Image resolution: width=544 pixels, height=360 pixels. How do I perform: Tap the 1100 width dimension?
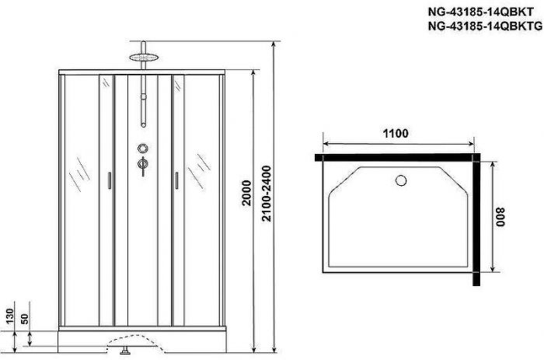(x=396, y=134)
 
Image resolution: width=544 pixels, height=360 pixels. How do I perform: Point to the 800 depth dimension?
(x=503, y=215)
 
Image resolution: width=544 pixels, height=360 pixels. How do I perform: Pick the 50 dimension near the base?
(x=26, y=319)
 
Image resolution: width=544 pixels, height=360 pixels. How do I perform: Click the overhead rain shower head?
(x=142, y=56)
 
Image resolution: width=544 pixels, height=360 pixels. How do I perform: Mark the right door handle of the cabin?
(x=177, y=180)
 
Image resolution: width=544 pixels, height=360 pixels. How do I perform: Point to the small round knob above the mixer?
(x=142, y=149)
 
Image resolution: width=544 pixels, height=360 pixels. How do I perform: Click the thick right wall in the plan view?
(x=483, y=215)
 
